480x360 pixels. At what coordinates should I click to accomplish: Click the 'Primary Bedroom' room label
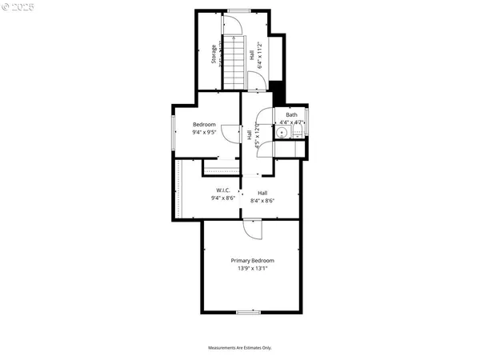pos(252,261)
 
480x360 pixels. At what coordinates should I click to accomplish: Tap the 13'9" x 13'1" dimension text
pos(252,270)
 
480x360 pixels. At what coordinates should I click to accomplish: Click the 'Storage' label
pos(214,54)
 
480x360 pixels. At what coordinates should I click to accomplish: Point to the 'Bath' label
pos(291,115)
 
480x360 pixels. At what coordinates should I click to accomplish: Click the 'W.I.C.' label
pos(222,190)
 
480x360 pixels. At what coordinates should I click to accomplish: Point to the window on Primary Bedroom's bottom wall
pos(251,311)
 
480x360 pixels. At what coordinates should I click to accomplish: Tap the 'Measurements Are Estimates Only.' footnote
pos(240,348)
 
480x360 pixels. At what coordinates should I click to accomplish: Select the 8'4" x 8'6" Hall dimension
pos(262,201)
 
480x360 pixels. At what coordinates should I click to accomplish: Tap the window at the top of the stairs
pos(238,10)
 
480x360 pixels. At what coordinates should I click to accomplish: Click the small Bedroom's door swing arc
pos(229,134)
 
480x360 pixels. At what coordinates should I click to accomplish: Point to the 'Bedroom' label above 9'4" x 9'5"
pos(204,124)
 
